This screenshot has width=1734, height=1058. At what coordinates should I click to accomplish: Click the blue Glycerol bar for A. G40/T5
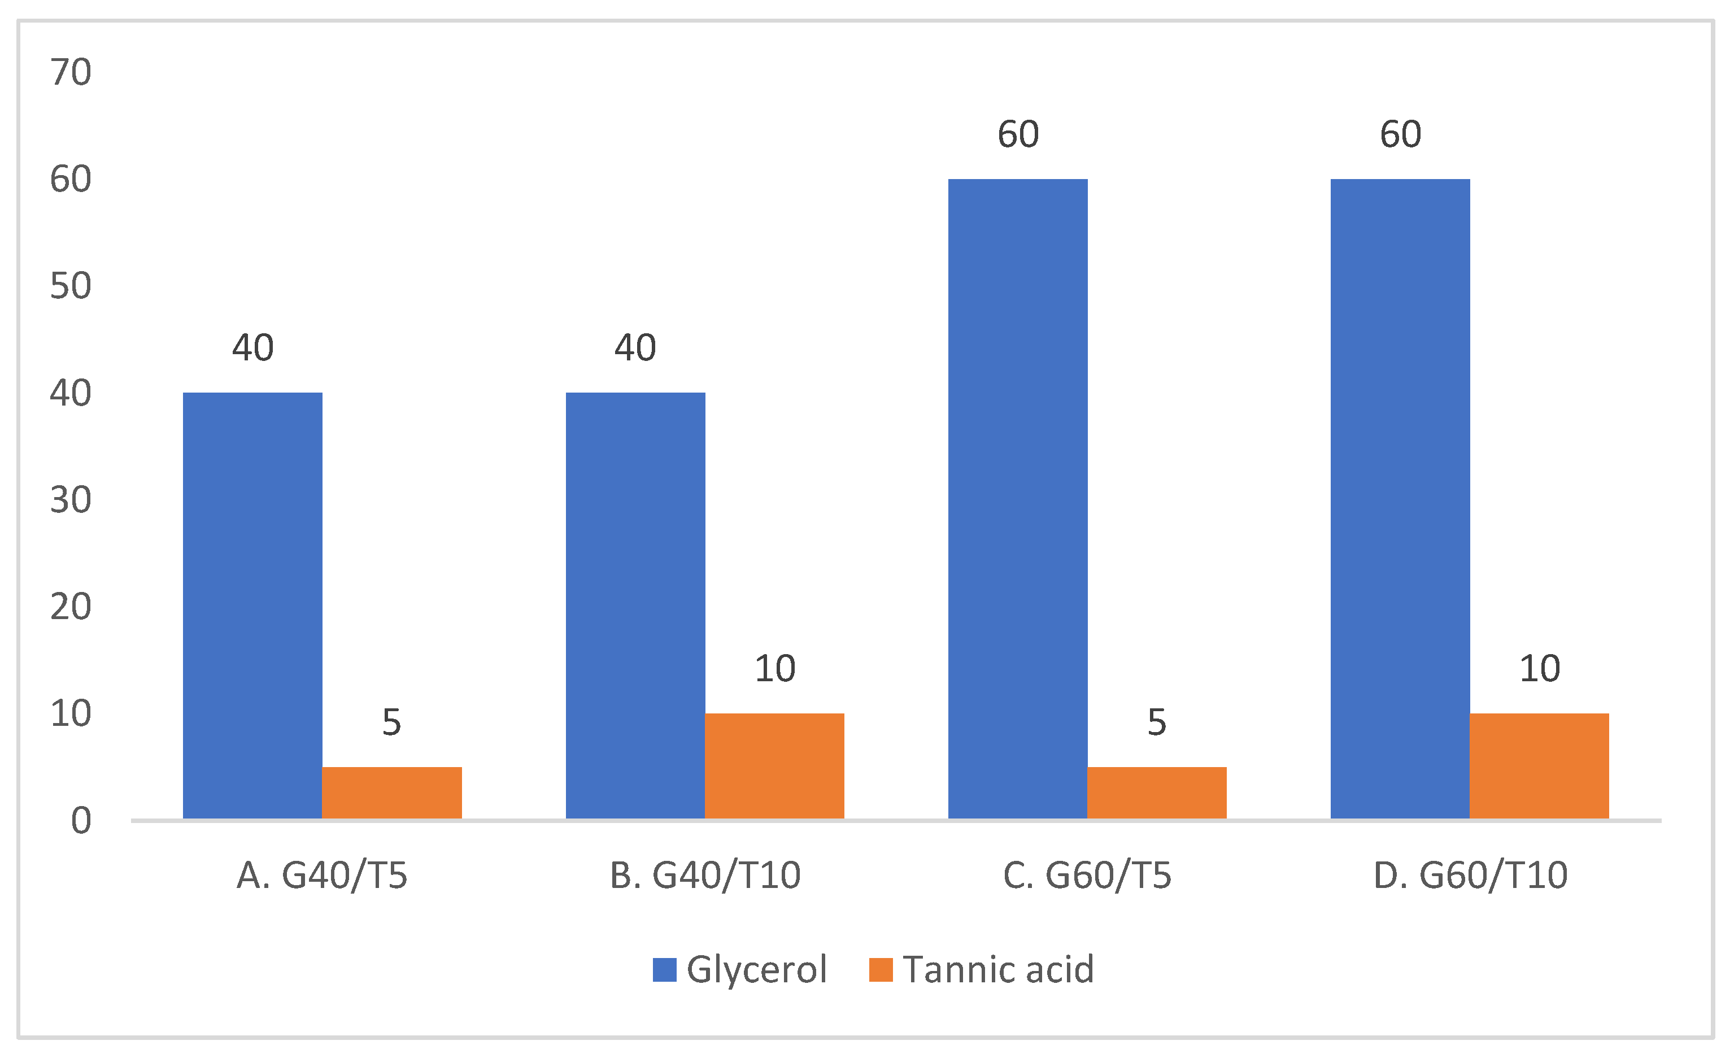click(x=252, y=606)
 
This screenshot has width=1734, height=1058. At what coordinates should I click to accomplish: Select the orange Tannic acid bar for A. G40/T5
click(x=392, y=793)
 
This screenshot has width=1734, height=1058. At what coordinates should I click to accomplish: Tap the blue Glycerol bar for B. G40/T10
click(x=635, y=606)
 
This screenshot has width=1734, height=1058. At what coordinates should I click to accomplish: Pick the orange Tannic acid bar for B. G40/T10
click(x=774, y=766)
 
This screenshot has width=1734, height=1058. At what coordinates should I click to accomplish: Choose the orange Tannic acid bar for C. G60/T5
click(x=1157, y=793)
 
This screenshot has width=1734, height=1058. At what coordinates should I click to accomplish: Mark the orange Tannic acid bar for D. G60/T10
click(x=1539, y=766)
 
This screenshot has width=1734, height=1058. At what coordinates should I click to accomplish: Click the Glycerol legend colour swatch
click(x=664, y=969)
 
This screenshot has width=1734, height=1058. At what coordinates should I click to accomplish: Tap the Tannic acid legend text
click(x=998, y=969)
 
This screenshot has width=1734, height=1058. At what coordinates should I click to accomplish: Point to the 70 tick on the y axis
click(x=71, y=72)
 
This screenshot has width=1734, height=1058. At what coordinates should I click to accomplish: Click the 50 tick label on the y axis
click(x=71, y=286)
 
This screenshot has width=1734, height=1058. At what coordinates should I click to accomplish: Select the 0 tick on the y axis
click(x=81, y=821)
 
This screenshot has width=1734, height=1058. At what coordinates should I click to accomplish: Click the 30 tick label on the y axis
click(x=71, y=500)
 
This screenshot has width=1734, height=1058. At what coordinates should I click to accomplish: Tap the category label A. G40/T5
click(x=321, y=876)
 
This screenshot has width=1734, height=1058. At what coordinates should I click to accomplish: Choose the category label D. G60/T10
click(x=1470, y=876)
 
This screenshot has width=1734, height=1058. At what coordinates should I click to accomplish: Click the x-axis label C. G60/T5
click(x=1087, y=876)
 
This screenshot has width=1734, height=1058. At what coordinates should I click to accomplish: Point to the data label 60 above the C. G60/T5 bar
click(x=1018, y=134)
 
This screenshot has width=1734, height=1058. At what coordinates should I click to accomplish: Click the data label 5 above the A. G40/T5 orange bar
click(x=391, y=723)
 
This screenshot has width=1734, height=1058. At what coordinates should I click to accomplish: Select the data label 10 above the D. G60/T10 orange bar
click(x=1540, y=669)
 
